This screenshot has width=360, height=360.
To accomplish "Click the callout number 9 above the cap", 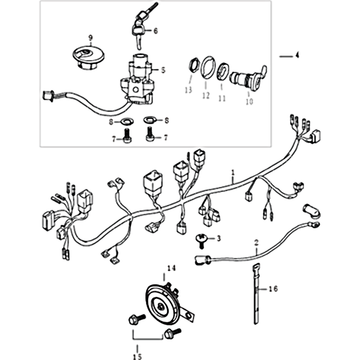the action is point(90,37).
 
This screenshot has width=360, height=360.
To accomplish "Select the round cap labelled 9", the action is point(88,58).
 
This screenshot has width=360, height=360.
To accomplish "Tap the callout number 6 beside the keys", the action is point(156,31).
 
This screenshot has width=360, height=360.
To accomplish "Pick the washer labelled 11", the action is point(222,72).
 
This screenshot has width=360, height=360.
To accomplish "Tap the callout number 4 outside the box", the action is point(297,55).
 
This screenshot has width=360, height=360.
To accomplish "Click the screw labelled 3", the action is point(201,241).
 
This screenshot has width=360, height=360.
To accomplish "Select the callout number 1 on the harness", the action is point(233,172).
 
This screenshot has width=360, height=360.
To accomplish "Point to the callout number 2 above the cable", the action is point(256,243).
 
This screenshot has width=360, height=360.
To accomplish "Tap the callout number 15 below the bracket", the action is point(137,356).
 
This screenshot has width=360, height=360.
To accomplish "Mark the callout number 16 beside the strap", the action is point(273,288).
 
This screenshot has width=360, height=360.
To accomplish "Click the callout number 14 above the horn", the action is point(171,268).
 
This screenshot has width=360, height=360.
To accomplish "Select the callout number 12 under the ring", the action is point(206,95).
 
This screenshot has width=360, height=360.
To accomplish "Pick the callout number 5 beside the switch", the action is point(163,70).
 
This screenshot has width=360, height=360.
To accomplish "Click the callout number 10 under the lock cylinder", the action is point(249,101).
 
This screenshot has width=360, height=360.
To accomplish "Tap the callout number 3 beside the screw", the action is point(219,238).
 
